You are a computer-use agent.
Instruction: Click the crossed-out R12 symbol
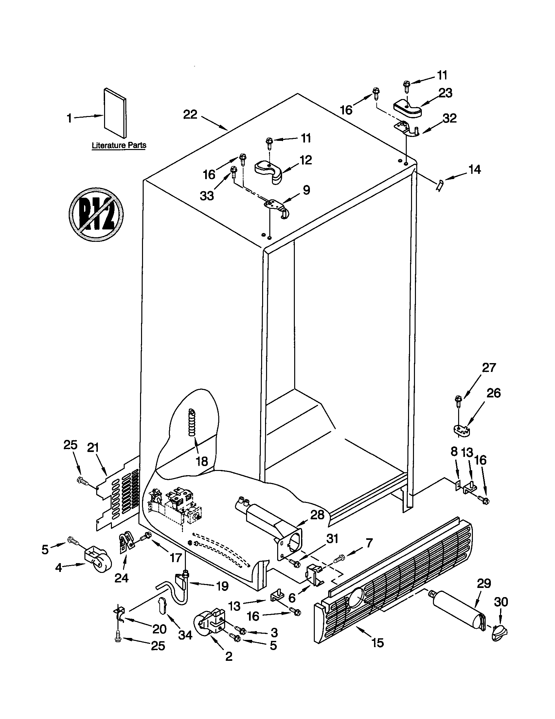point(96,214)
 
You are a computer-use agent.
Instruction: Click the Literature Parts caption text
point(119,145)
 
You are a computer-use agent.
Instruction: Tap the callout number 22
point(190,115)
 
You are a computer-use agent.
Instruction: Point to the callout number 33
point(206,195)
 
